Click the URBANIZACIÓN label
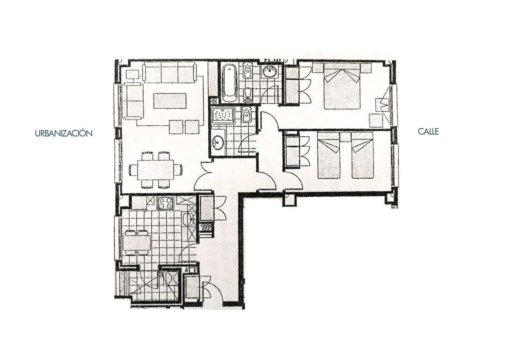(64, 133)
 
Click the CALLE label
(428, 131)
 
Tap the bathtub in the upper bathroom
(230, 83)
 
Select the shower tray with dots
(223, 115)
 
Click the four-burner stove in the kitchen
(165, 203)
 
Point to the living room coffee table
(170, 101)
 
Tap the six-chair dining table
(156, 170)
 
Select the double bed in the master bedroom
(342, 86)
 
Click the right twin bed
(362, 156)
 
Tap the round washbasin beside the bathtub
(270, 71)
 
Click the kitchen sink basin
(189, 220)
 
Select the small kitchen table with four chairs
(136, 242)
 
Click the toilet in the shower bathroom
(246, 115)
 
